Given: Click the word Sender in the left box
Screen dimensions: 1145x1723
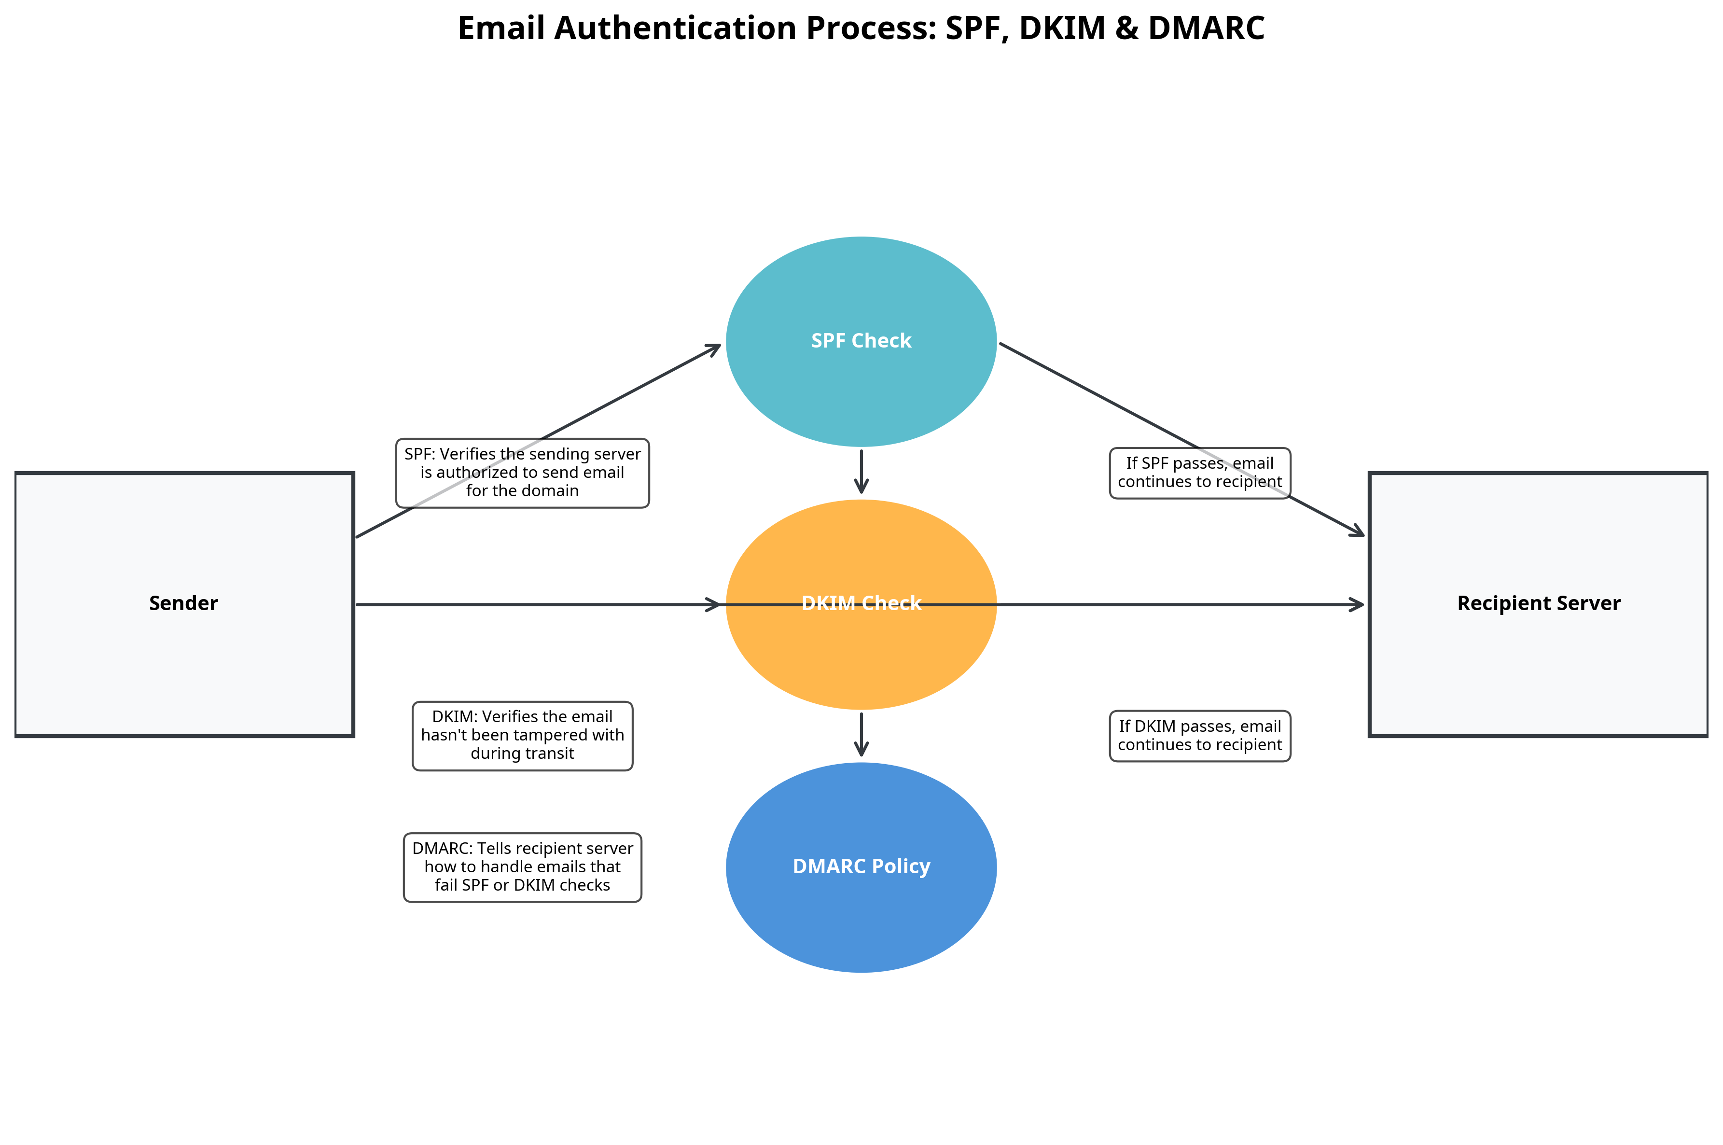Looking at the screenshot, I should (183, 603).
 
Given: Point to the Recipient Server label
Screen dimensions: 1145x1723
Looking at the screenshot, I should (1538, 603).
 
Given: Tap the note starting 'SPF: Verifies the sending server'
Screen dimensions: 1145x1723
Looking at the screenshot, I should (522, 473).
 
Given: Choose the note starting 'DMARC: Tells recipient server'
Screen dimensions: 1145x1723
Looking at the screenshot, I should (522, 867).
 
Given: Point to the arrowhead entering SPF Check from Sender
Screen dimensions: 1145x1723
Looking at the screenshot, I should (714, 349).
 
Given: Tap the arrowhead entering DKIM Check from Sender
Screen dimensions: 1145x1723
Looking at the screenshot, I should (714, 605).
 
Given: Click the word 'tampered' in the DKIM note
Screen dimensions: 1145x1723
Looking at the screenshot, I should (551, 735).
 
